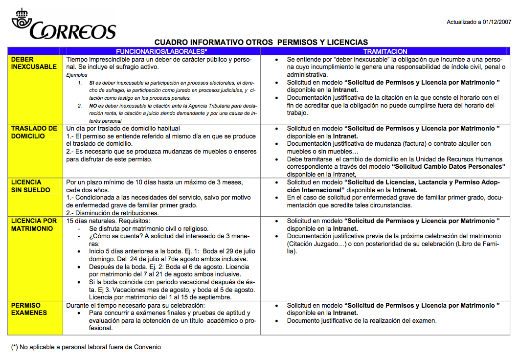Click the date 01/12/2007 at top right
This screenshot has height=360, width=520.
click(497, 22)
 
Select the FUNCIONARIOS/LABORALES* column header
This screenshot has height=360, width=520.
click(161, 51)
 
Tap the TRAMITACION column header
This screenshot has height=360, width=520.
click(385, 51)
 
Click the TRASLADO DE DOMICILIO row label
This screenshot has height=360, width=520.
click(34, 132)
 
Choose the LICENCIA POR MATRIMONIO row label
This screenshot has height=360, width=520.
click(34, 225)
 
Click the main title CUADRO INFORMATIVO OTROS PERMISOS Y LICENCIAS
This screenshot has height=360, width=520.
click(261, 43)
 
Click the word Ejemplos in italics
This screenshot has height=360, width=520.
click(77, 75)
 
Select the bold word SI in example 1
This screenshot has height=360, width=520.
click(92, 83)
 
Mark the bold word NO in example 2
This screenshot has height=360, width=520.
click(93, 106)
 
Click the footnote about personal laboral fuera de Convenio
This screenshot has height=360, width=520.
click(86, 347)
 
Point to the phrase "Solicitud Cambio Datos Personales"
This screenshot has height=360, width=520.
click(449, 166)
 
